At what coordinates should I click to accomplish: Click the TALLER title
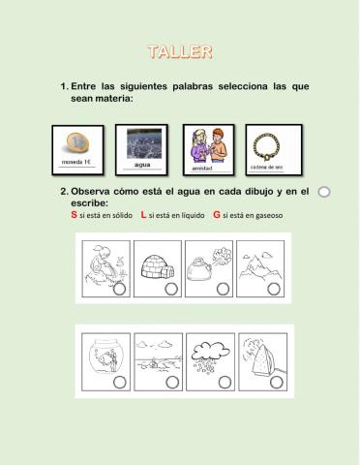180,51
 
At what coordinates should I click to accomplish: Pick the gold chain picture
272,144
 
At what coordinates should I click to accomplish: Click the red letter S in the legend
75,215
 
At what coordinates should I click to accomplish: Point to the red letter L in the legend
144,215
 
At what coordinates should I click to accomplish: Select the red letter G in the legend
216,215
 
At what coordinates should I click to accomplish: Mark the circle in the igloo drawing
170,289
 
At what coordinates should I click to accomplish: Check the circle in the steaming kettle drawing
223,289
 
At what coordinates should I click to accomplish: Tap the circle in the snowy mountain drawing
274,289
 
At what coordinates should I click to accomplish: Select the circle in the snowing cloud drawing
223,382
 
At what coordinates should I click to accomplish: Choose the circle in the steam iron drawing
274,382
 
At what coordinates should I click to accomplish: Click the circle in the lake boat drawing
170,382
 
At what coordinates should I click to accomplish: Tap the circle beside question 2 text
324,192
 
